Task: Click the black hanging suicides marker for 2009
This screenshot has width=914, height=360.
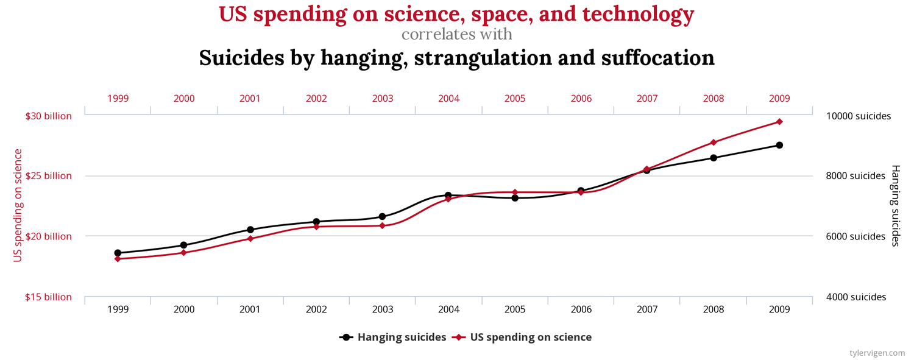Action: point(779,145)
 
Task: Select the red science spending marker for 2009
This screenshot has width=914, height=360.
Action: point(779,122)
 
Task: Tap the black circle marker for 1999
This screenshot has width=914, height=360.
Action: point(118,253)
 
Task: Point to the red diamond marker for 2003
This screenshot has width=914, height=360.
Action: point(382,226)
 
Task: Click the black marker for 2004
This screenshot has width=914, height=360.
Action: point(448,196)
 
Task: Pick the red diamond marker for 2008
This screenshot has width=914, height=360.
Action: point(714,143)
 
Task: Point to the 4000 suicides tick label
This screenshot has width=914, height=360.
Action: point(856,297)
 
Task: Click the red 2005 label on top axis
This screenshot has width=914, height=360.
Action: point(515,98)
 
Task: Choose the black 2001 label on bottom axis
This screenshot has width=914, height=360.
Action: point(250,309)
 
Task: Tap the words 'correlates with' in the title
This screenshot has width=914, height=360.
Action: point(456,34)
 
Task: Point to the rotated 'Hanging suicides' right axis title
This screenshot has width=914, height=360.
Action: point(895,205)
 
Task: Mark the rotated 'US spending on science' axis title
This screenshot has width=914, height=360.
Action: point(18,205)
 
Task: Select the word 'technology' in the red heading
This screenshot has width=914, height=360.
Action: point(648,14)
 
